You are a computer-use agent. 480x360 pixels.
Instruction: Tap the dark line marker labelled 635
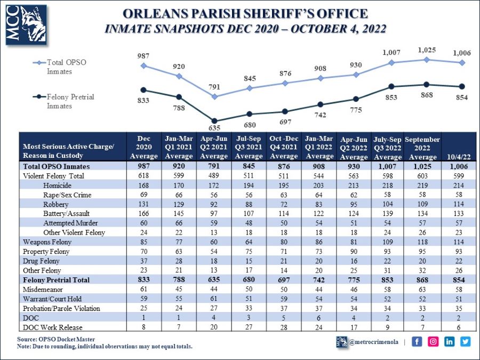(214, 121)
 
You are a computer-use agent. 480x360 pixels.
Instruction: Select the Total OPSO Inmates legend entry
(66, 67)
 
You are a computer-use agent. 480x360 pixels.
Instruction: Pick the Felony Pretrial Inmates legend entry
(70, 101)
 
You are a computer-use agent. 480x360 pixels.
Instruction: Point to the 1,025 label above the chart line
(427, 50)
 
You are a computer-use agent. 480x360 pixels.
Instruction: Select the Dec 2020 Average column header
(144, 147)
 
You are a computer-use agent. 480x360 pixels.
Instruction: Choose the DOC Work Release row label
(52, 327)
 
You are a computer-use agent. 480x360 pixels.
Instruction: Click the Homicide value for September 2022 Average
(422, 186)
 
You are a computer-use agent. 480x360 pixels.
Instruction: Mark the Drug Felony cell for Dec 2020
(144, 261)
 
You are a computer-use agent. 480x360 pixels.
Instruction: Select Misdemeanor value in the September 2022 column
(422, 289)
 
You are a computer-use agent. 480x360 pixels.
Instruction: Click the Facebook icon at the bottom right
(417, 341)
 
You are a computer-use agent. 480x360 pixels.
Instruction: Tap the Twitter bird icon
(466, 341)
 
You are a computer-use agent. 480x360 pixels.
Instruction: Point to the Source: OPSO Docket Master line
(57, 339)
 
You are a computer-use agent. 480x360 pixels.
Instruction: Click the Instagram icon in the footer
(433, 341)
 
